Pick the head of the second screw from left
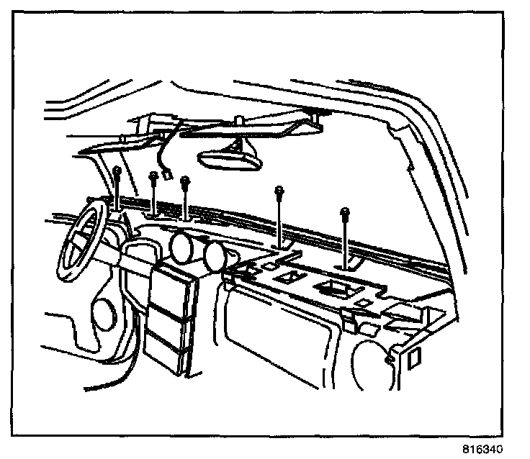point(153,175)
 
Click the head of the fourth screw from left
point(278,191)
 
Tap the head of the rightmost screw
point(346,211)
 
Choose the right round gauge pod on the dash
point(214,255)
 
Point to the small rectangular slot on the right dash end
point(415,358)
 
